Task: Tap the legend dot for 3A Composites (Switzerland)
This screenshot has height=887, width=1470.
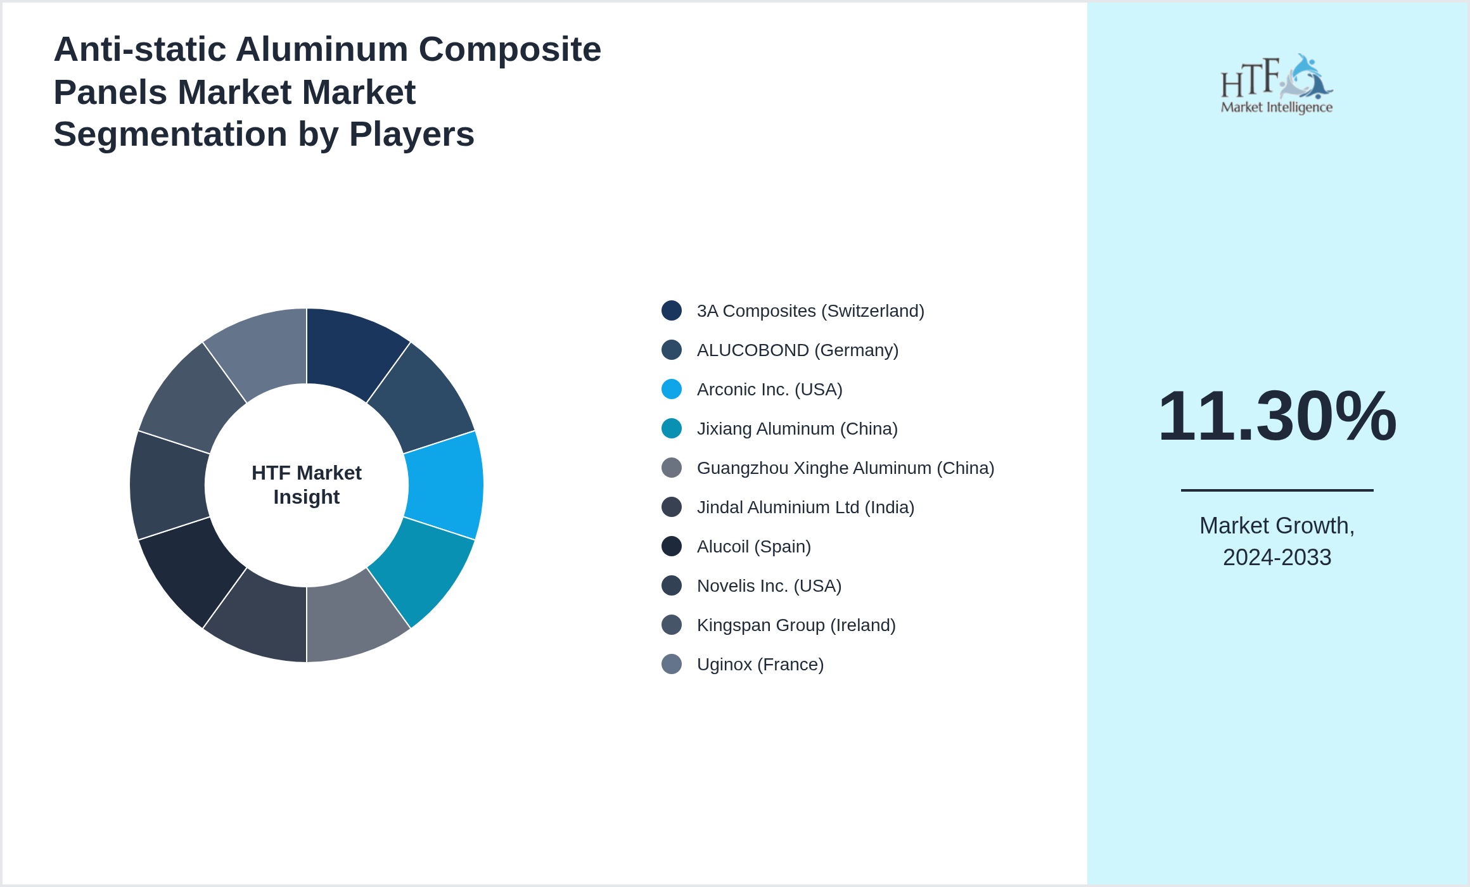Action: click(672, 310)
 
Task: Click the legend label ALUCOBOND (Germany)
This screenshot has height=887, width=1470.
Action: click(797, 350)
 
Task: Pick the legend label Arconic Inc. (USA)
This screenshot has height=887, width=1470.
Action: click(769, 390)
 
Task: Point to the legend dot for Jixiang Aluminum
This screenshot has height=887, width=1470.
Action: click(672, 428)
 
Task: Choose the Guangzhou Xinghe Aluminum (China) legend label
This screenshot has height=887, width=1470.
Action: click(845, 468)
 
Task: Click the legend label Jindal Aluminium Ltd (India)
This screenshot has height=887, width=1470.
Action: click(805, 507)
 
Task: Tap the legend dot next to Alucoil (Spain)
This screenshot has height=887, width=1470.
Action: click(672, 546)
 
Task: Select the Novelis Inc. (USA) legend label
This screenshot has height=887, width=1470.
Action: click(769, 586)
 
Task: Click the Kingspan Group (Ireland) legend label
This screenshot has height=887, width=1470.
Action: click(796, 625)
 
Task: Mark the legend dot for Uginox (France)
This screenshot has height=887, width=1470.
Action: click(672, 664)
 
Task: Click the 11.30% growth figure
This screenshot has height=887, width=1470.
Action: click(1277, 416)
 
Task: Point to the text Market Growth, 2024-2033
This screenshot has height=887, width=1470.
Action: click(1277, 541)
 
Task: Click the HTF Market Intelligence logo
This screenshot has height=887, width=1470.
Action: click(1277, 84)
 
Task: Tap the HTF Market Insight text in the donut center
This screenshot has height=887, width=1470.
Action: click(307, 485)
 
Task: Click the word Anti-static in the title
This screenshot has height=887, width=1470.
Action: click(139, 49)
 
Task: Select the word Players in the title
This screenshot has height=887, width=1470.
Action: click(411, 134)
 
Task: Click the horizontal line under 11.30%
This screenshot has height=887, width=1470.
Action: click(1277, 490)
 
